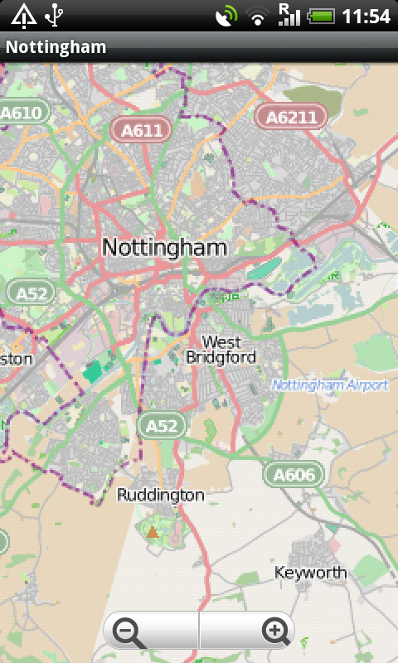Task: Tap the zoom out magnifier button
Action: click(x=129, y=632)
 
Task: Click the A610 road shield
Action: click(x=22, y=112)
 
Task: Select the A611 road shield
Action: click(x=142, y=130)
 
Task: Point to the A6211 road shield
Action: click(x=291, y=117)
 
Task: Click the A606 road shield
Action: click(x=294, y=475)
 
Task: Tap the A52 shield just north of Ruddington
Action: click(x=163, y=426)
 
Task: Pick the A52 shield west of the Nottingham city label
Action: click(x=32, y=292)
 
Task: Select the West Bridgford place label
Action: click(x=221, y=350)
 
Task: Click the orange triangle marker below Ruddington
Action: click(x=152, y=532)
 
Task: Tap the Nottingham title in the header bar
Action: click(x=56, y=47)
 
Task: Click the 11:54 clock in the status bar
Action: click(x=366, y=16)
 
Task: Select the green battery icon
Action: click(x=320, y=16)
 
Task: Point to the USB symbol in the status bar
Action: click(x=55, y=15)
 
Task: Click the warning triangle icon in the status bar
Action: click(x=22, y=15)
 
